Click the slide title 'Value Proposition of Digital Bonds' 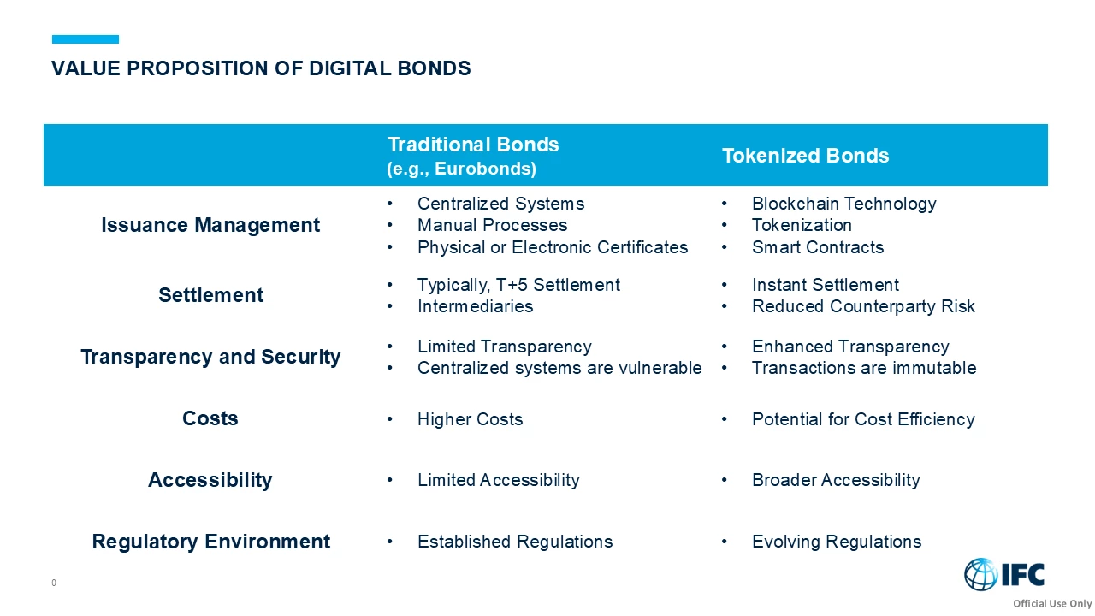[261, 68]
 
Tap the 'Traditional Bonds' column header [473, 145]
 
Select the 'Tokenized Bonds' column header [805, 156]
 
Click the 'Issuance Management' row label [210, 225]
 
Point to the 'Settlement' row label [210, 295]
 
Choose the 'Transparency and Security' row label [210, 357]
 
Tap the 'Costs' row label [210, 418]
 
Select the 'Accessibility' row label [210, 480]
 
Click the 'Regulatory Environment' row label [210, 542]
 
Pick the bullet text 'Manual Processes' [492, 225]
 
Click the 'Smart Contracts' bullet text [817, 247]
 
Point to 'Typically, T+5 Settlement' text [518, 285]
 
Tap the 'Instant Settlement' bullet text [825, 285]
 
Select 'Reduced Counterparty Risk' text [863, 306]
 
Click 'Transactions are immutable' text [863, 368]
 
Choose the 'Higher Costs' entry [470, 419]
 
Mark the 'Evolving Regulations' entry [836, 542]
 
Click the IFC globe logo [981, 574]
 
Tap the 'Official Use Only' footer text [1052, 604]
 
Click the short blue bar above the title [86, 39]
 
